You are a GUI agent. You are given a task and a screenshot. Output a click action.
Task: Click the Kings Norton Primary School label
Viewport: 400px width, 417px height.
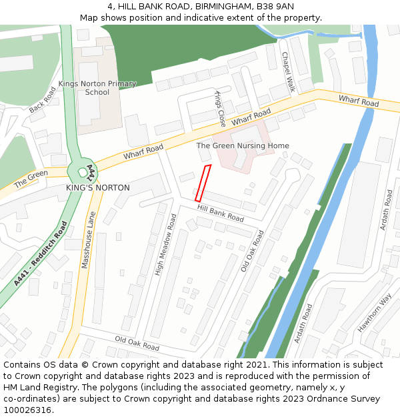pyautogui.click(x=97, y=88)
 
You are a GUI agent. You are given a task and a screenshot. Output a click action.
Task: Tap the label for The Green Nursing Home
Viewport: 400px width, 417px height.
pyautogui.click(x=243, y=145)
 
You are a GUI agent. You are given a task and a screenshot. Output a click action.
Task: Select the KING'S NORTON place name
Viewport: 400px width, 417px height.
pyautogui.click(x=98, y=188)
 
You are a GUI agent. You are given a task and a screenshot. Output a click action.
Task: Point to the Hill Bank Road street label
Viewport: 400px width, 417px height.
pyautogui.click(x=221, y=213)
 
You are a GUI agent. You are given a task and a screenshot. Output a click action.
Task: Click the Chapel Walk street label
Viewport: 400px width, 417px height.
pyautogui.click(x=288, y=73)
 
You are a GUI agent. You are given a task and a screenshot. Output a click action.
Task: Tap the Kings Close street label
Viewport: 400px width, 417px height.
pyautogui.click(x=221, y=109)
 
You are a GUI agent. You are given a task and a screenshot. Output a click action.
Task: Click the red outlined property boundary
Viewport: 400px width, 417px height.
pyautogui.click(x=203, y=183)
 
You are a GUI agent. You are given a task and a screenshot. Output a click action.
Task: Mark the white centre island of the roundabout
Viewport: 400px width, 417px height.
pyautogui.click(x=83, y=171)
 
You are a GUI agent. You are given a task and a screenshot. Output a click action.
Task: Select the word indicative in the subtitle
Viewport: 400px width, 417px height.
pyautogui.click(x=196, y=17)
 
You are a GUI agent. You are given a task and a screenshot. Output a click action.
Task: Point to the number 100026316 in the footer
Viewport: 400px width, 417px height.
pyautogui.click(x=27, y=410)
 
